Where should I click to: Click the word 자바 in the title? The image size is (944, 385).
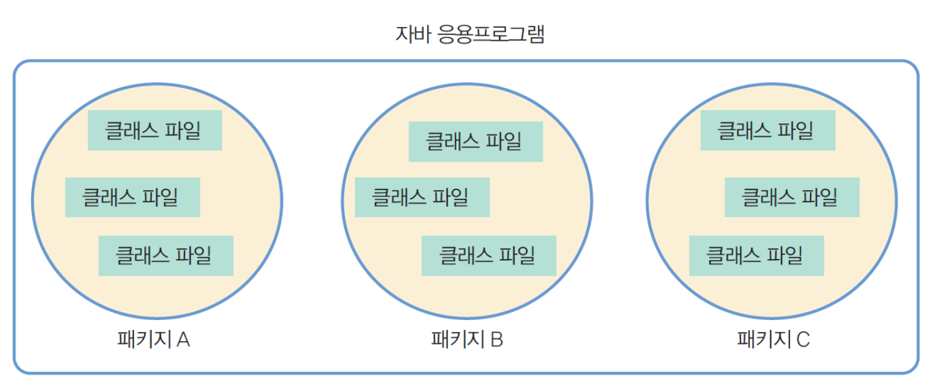point(411,34)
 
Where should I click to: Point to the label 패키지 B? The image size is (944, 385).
point(467,340)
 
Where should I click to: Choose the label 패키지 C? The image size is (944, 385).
point(774,340)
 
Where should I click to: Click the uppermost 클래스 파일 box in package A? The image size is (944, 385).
point(155,131)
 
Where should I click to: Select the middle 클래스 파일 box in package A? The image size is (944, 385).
point(132,197)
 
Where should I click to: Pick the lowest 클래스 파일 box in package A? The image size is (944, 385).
point(166,256)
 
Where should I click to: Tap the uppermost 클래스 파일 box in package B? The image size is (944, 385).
point(476,142)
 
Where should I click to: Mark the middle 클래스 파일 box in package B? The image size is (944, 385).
point(422,197)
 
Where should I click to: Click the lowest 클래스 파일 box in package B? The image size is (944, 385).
point(489,256)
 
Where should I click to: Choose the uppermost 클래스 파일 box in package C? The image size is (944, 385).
point(768,131)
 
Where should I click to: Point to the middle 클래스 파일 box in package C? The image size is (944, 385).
point(791,197)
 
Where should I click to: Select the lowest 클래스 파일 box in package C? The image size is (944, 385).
point(756,256)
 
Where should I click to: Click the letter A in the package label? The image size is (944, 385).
point(184,340)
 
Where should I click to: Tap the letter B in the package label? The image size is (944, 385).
point(497,340)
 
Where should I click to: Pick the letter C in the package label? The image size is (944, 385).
point(803,340)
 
